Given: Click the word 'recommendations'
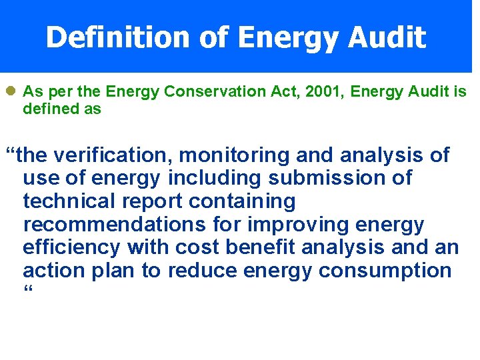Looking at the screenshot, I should (x=113, y=225).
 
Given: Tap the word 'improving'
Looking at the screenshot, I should (x=315, y=225).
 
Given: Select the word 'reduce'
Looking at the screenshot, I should (x=203, y=271).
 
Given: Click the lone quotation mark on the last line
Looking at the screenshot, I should (x=27, y=291).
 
